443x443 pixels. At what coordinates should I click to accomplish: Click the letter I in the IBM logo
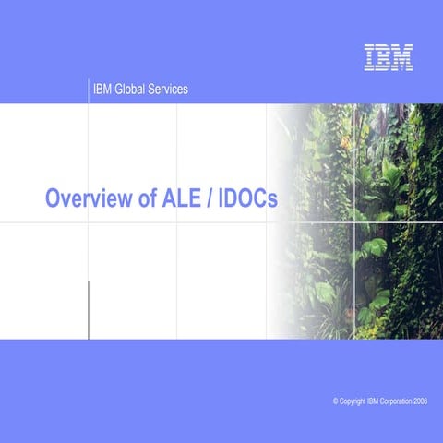click(x=369, y=57)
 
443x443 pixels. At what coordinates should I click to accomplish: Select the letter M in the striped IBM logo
click(x=402, y=57)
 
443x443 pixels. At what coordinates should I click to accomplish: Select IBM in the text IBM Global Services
click(x=102, y=90)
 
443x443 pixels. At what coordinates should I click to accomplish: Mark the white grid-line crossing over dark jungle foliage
click(x=354, y=222)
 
